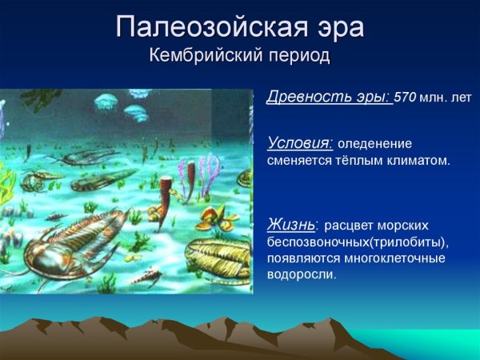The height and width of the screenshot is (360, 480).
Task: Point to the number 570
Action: tap(406, 98)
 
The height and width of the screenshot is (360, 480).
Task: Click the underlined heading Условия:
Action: tap(299, 143)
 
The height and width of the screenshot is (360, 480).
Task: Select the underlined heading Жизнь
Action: tap(291, 224)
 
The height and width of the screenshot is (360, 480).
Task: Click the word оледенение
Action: tap(374, 144)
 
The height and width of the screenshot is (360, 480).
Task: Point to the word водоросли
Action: tap(302, 274)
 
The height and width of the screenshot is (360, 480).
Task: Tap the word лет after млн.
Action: tap(460, 98)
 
